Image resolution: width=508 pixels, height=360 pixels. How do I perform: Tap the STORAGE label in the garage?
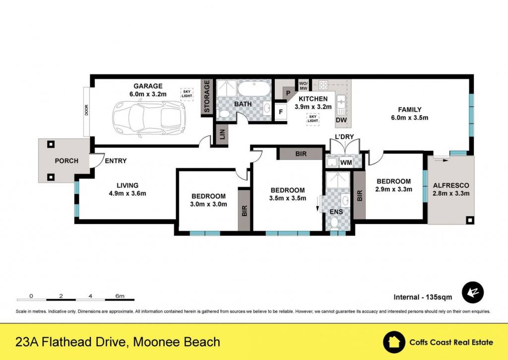point(207,97)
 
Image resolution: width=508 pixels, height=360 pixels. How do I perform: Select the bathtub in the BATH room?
point(254,88)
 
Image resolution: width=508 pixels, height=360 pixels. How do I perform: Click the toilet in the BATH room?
point(223,114)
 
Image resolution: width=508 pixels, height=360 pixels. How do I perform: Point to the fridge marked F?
point(281,112)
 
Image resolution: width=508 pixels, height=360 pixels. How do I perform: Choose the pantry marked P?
point(288,93)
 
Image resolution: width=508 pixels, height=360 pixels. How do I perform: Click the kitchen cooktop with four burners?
point(323,85)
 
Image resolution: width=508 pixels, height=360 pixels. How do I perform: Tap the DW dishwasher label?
point(341,120)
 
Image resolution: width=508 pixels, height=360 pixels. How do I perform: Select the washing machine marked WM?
point(346,162)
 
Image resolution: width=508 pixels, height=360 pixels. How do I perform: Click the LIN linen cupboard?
point(222,134)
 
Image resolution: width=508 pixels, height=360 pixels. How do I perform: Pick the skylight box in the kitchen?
point(313,119)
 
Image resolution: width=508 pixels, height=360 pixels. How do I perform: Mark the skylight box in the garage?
point(187,94)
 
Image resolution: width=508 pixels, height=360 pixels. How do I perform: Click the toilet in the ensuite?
point(334,222)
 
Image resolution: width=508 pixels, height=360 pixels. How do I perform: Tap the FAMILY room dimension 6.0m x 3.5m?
point(409,118)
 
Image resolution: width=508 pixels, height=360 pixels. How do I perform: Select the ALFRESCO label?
point(451,186)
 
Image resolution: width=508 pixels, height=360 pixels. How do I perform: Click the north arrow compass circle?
point(473,292)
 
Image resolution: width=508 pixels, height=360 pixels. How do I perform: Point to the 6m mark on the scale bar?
point(120,296)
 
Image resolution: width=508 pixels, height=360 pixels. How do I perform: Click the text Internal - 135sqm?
point(423,297)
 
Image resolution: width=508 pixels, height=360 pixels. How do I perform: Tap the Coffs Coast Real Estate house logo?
point(394,342)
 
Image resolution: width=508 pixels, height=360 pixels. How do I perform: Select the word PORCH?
point(66,161)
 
